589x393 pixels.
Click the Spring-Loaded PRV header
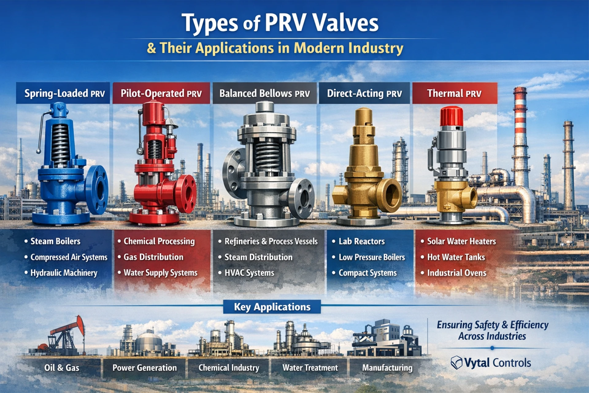tap(64, 93)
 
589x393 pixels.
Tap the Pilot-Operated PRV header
tap(161, 93)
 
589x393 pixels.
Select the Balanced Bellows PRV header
tap(264, 93)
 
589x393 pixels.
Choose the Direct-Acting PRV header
tap(364, 93)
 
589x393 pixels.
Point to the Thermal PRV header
tap(454, 93)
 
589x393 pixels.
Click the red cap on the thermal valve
tap(451, 116)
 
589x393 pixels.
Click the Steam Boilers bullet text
tap(55, 241)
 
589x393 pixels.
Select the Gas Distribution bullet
tap(153, 257)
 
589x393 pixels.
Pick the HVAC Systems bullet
tap(249, 273)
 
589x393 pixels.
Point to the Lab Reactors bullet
tap(361, 241)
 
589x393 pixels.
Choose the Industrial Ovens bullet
tap(456, 273)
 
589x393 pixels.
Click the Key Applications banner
tap(272, 307)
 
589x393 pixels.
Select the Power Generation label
tap(144, 368)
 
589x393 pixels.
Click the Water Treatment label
tap(310, 368)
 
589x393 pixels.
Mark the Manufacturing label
tap(387, 368)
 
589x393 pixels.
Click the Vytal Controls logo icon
tap(456, 363)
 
